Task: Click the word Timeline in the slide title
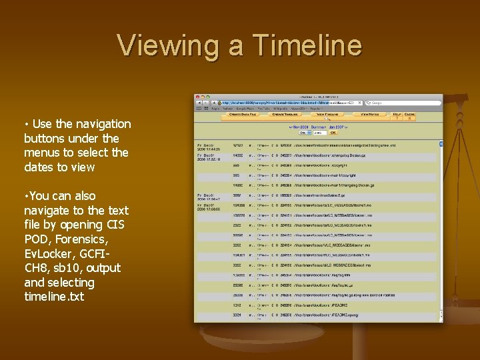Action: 306,45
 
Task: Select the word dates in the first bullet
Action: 39,167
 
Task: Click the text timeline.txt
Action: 54,297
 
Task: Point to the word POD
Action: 37,239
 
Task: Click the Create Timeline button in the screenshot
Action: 286,115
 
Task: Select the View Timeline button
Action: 328,115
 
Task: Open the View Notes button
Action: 370,115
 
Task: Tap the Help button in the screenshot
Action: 397,115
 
